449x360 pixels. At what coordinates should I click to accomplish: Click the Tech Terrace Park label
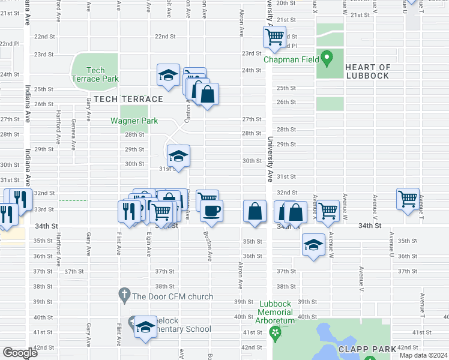[x=95, y=74]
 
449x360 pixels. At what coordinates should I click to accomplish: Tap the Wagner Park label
[x=134, y=121]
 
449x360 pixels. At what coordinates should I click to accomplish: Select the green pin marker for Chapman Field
[x=327, y=59]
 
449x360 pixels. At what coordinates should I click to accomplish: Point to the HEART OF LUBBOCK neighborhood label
[x=367, y=71]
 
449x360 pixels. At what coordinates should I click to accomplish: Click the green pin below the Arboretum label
[x=276, y=332]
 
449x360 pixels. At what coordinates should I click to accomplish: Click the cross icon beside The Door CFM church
[x=124, y=295]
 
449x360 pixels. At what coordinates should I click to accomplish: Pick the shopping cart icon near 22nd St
[x=274, y=37]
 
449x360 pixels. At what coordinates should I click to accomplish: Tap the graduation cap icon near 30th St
[x=178, y=156]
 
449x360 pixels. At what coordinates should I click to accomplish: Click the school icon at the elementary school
[x=145, y=327]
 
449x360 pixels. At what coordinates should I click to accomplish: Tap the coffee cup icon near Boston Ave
[x=211, y=211]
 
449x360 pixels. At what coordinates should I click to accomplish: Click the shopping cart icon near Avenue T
[x=408, y=198]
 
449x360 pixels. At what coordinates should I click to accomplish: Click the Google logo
[x=20, y=353]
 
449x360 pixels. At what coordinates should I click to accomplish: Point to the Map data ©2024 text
[x=423, y=355]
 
